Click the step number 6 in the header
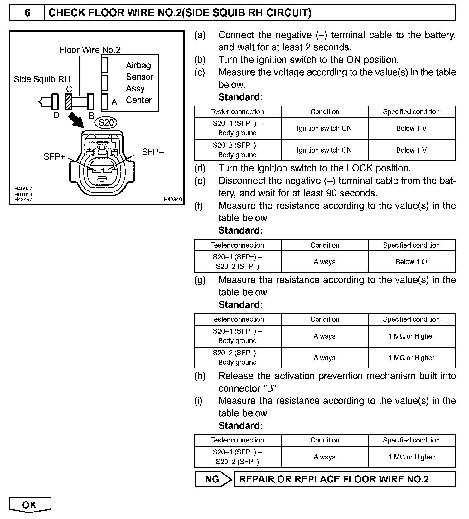coord(27,13)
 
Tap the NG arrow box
coord(213,479)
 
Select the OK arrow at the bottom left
coord(30,505)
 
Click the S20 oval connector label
coord(106,123)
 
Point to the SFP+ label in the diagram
coord(54,156)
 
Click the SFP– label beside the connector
coord(153,152)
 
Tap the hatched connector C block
coord(69,101)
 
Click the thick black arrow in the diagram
coord(76,120)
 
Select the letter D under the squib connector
coord(56,115)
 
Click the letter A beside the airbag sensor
coord(114,102)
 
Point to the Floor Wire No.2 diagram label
coord(90,50)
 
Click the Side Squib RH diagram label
coord(42,79)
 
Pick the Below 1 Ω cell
coord(411,262)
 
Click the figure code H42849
coord(173,200)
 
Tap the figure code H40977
coord(23,189)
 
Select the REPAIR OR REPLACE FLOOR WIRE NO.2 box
coord(345,479)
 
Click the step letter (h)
coord(200,376)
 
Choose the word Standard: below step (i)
coord(241,426)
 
